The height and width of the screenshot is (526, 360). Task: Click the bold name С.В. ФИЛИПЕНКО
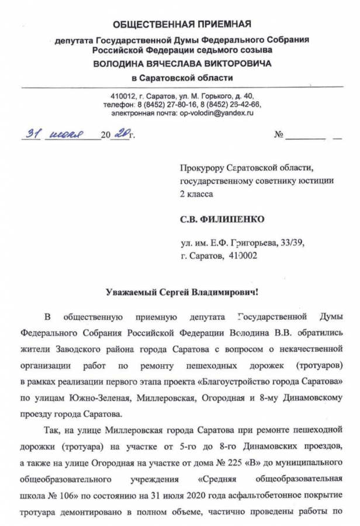coord(221,219)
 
